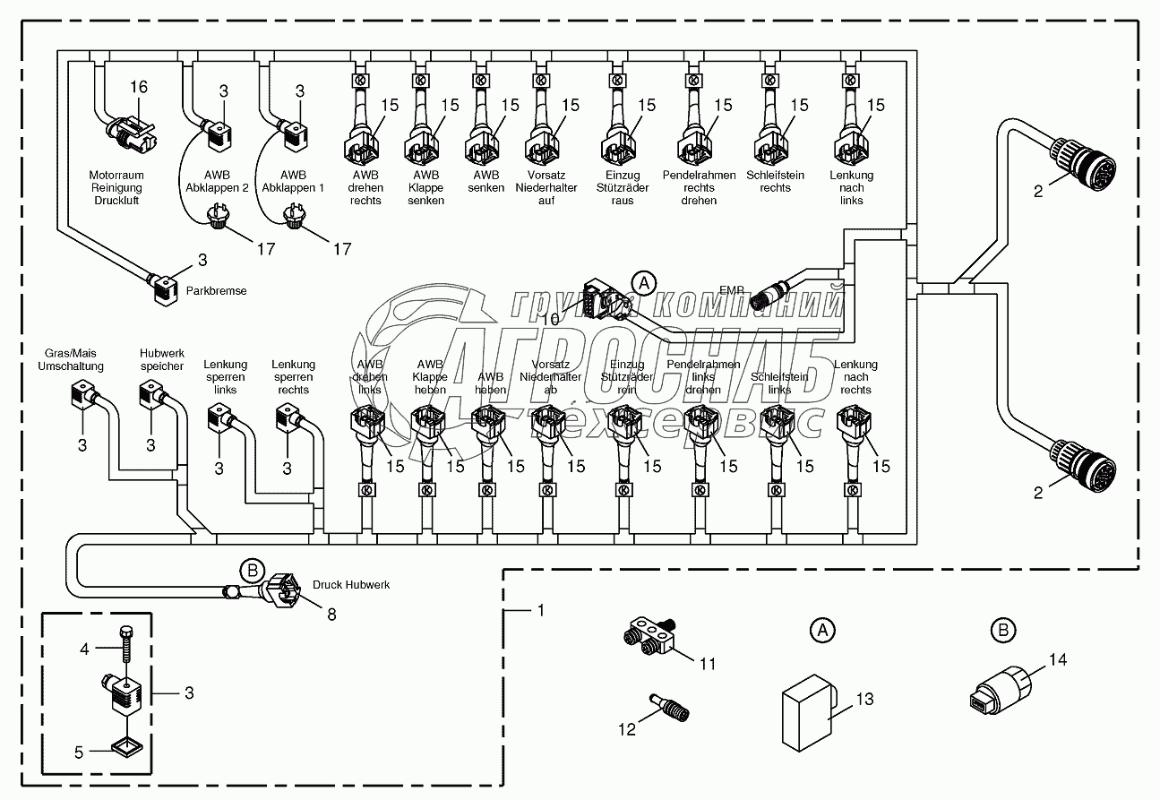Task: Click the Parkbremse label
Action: pos(216,291)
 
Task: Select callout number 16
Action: pos(138,87)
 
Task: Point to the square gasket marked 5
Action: pos(125,746)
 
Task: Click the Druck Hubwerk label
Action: pos(351,585)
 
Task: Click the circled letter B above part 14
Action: pos(1003,630)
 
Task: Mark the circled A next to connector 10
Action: pos(642,282)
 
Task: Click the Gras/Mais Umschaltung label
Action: pos(70,360)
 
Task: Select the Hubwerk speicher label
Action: pos(161,360)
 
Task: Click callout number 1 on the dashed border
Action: pos(539,611)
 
